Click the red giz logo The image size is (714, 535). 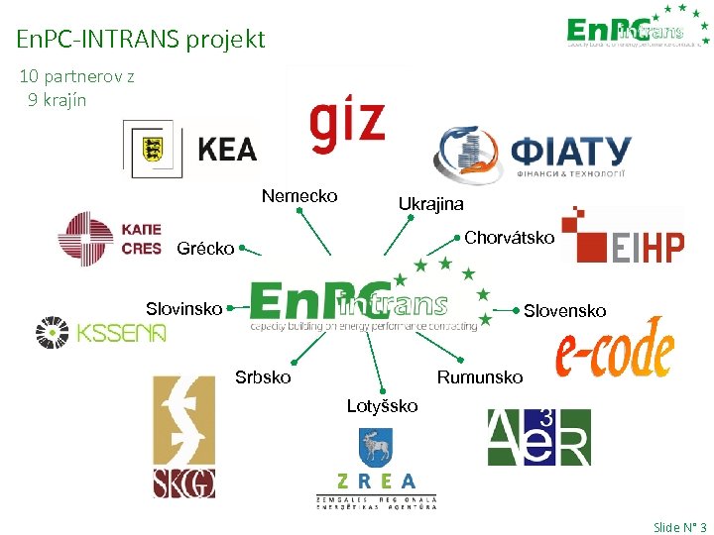click(346, 122)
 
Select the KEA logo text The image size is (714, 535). click(227, 150)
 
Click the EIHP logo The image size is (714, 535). click(623, 236)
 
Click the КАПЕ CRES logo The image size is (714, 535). click(109, 240)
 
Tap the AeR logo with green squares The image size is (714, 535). click(538, 437)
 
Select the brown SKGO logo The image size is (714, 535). click(183, 437)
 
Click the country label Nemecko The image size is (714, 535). click(299, 196)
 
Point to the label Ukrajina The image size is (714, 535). click(430, 204)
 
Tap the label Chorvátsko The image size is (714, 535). click(509, 238)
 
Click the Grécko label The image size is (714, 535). click(205, 249)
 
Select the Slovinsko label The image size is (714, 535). click(183, 309)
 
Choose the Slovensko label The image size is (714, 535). click(564, 311)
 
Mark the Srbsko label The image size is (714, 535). click(263, 377)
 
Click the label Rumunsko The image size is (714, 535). click(480, 377)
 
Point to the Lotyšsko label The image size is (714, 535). click(382, 406)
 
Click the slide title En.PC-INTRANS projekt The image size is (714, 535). click(141, 39)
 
